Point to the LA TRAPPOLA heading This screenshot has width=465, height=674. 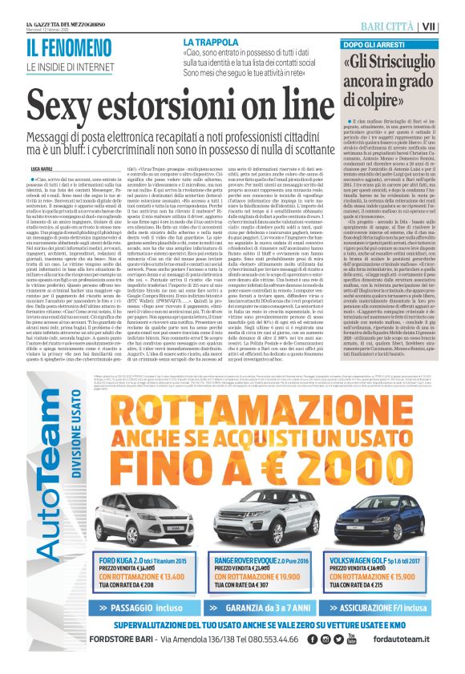[210, 41]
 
